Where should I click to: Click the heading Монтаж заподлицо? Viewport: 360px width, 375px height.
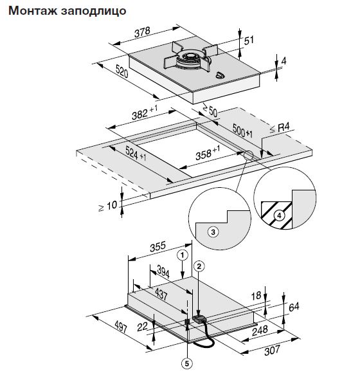[x=67, y=11]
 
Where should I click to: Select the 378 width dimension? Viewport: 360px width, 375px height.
[x=143, y=32]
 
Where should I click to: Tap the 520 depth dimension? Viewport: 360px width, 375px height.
[x=122, y=71]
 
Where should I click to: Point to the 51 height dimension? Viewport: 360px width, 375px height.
[x=249, y=40]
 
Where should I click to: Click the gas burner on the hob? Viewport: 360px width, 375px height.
[x=190, y=59]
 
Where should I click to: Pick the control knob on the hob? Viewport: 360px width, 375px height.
[x=220, y=75]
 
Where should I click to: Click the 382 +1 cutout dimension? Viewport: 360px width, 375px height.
[x=145, y=113]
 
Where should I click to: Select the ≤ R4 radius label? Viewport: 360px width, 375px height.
[x=280, y=128]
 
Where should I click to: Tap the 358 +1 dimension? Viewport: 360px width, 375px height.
[x=208, y=153]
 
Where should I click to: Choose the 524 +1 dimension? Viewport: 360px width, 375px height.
[x=136, y=153]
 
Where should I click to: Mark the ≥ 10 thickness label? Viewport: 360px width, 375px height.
[x=108, y=206]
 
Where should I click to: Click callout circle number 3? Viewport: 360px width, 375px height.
[x=213, y=232]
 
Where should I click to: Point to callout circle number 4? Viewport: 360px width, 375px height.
[x=279, y=215]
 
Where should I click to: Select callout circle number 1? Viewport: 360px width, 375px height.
[x=183, y=255]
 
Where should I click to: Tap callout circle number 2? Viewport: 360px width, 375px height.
[x=199, y=266]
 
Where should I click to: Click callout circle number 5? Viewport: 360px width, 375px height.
[x=186, y=363]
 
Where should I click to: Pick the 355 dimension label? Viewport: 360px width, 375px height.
[x=157, y=247]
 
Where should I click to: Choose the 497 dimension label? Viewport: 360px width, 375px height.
[x=121, y=327]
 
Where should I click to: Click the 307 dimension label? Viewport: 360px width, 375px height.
[x=272, y=351]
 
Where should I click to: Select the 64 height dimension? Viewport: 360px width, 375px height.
[x=294, y=307]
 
